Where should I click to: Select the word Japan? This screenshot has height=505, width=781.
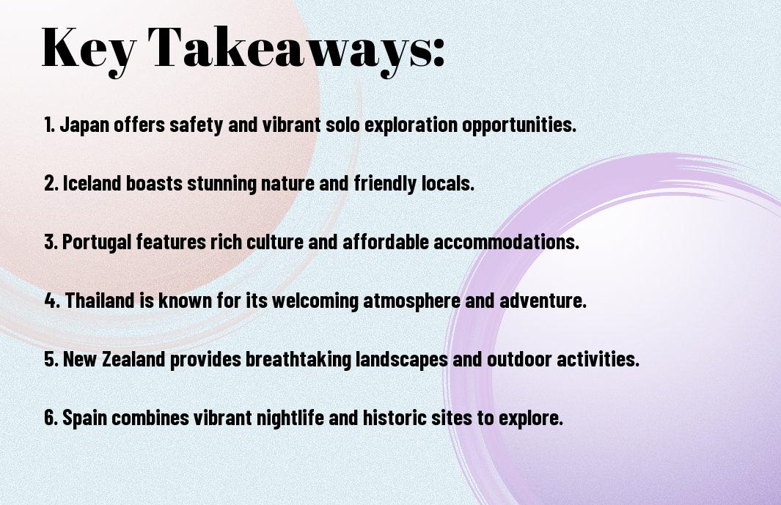84,125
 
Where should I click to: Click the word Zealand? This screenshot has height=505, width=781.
133,359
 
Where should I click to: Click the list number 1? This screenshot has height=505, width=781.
49,125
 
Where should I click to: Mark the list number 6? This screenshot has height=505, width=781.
51,417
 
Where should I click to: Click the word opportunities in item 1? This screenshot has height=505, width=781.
519,125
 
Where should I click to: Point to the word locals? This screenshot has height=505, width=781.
448,183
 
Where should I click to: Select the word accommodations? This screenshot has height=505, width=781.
507,242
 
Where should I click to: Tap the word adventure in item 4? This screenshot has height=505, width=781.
543,301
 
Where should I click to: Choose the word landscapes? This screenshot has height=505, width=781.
401,359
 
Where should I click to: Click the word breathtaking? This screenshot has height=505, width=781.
298,359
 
